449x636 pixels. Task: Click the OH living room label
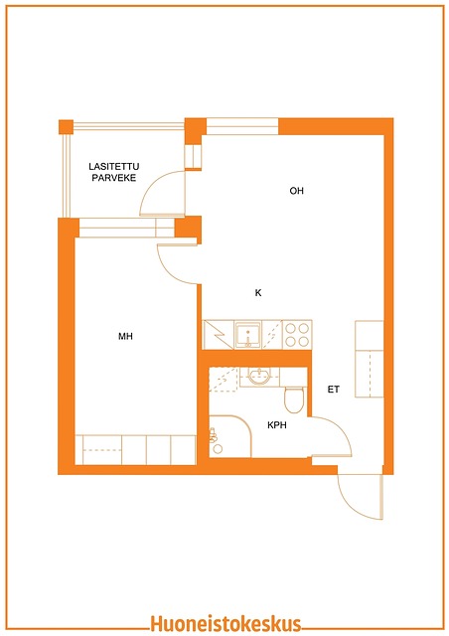point(296,191)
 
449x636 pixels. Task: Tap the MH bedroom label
point(125,336)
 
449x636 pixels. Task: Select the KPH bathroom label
point(277,425)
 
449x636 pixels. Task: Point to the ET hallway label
point(334,390)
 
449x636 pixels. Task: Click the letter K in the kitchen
point(258,293)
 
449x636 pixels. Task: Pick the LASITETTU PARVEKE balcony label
point(114,172)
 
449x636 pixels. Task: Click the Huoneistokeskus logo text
point(225,623)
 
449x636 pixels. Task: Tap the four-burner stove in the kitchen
point(297,335)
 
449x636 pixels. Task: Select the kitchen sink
point(247,335)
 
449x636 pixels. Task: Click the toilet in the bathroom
point(294,399)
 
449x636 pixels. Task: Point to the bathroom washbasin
point(259,377)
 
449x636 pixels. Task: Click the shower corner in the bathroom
point(230,436)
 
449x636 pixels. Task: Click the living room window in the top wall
point(242,126)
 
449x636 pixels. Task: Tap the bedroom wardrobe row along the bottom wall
point(136,450)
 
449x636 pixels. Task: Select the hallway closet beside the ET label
point(370,359)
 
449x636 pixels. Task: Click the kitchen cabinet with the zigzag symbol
point(219,335)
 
